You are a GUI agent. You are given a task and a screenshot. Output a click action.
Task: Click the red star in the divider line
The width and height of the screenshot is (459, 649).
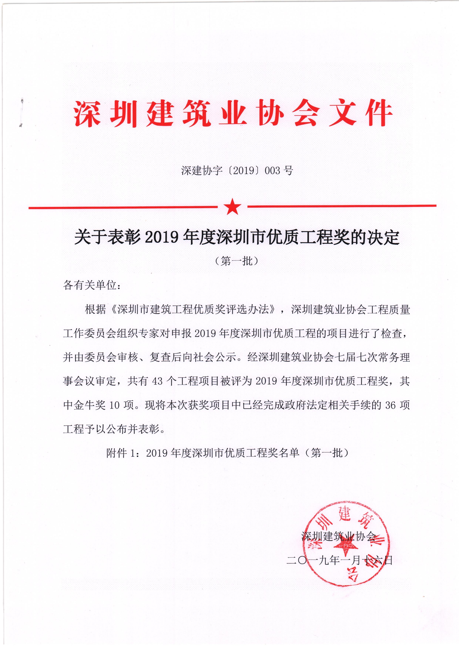tap(232, 207)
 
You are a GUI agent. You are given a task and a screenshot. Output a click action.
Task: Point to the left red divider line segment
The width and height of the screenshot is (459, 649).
tap(123, 207)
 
